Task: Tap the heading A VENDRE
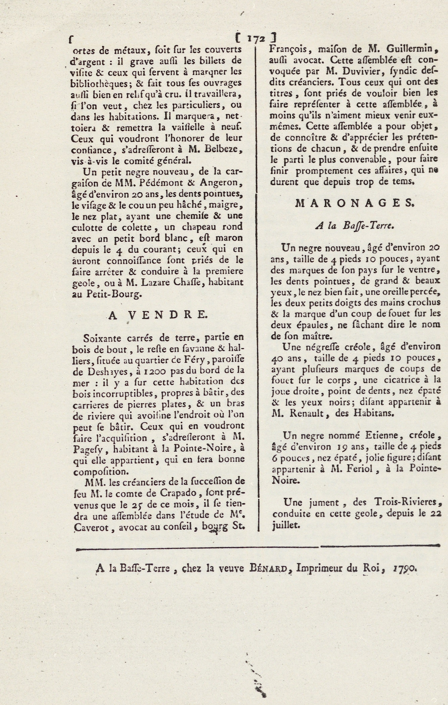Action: point(157,315)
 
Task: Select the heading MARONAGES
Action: point(355,203)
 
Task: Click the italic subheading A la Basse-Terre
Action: point(355,225)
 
